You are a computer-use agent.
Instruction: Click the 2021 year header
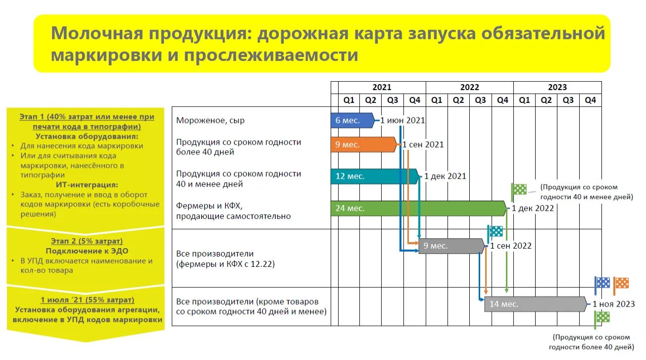coord(382,87)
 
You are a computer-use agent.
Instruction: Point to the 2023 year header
coord(557,87)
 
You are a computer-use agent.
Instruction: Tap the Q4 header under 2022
coord(502,100)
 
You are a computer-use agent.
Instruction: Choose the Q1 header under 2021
coord(349,100)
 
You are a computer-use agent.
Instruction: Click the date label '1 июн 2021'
coord(403,120)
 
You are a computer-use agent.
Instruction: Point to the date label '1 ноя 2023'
coord(613,304)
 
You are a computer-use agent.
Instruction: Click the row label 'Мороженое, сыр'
coord(210,120)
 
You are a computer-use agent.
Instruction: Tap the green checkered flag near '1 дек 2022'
coord(519,189)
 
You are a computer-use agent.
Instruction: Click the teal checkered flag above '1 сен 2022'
coord(496,231)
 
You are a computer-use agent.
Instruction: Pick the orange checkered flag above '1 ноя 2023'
coord(621,283)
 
